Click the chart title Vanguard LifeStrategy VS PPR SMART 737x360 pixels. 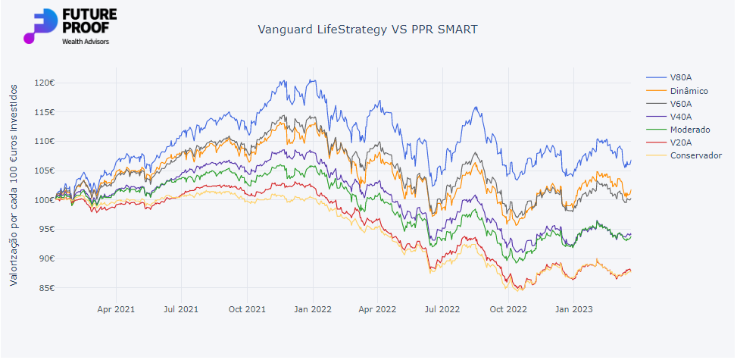tap(368, 30)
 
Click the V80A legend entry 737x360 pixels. tap(679, 78)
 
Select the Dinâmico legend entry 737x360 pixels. tap(689, 91)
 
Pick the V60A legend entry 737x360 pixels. tap(679, 104)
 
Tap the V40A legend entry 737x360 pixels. tap(679, 117)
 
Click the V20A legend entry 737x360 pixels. tap(679, 142)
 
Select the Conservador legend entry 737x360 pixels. tap(695, 155)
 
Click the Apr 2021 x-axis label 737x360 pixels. tap(116, 309)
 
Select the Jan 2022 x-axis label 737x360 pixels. tap(313, 309)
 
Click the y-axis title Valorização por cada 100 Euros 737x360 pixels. tap(14, 185)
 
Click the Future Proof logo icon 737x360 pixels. tap(39, 27)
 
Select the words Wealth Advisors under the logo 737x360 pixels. tap(85, 42)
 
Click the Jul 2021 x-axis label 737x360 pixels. tap(181, 309)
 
